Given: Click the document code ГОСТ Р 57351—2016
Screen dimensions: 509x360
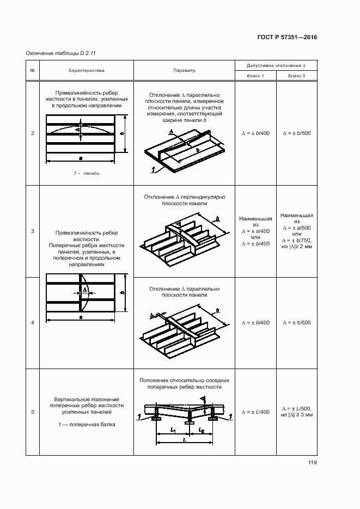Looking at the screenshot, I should click(286, 38).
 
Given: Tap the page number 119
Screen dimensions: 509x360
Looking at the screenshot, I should click(312, 463).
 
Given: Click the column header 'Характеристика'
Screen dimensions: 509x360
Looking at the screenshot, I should click(86, 70).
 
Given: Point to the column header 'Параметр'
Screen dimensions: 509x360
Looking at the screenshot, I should click(184, 70).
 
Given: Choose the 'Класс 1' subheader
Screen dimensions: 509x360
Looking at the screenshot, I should click(255, 76).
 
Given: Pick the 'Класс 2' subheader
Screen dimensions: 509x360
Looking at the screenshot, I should click(297, 76).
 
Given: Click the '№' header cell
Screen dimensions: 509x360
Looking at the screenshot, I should click(32, 70).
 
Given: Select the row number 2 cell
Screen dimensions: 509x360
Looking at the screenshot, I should click(33, 133).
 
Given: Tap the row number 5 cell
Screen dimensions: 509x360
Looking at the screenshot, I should click(33, 412).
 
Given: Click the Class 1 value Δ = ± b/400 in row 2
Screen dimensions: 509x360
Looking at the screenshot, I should click(255, 133).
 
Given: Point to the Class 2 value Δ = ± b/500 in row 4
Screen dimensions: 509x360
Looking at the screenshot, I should click(297, 323).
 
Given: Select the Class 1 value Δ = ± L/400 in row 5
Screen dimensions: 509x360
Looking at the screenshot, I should click(255, 412).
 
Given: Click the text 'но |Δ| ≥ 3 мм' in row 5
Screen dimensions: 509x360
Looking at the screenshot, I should click(297, 415).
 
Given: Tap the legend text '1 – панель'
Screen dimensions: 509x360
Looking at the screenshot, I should click(87, 173).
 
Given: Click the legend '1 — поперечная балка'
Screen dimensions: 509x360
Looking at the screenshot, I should click(87, 424).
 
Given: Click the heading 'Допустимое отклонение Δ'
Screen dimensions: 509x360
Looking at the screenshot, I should click(276, 65).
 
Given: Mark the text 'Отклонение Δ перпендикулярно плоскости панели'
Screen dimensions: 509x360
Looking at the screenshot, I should click(184, 200).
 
